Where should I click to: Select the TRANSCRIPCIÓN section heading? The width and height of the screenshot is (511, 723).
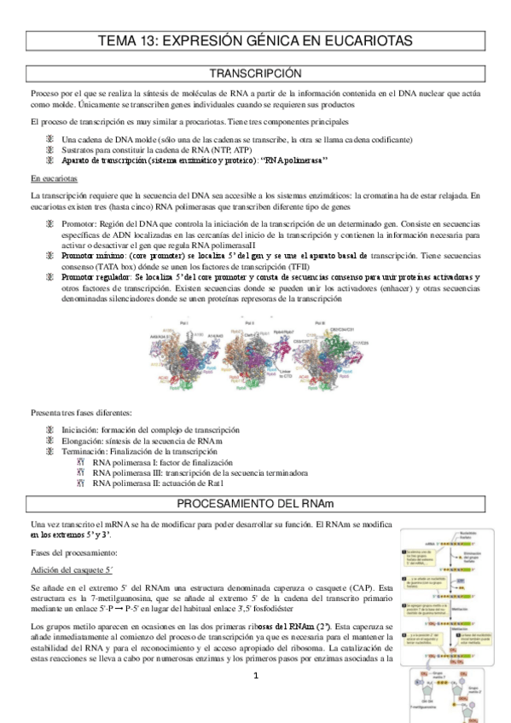click(x=255, y=73)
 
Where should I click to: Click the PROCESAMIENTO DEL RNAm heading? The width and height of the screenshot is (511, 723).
click(x=255, y=502)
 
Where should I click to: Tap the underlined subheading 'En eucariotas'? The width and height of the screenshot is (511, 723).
click(x=54, y=179)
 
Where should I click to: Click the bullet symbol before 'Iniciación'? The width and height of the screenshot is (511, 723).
click(x=50, y=430)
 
